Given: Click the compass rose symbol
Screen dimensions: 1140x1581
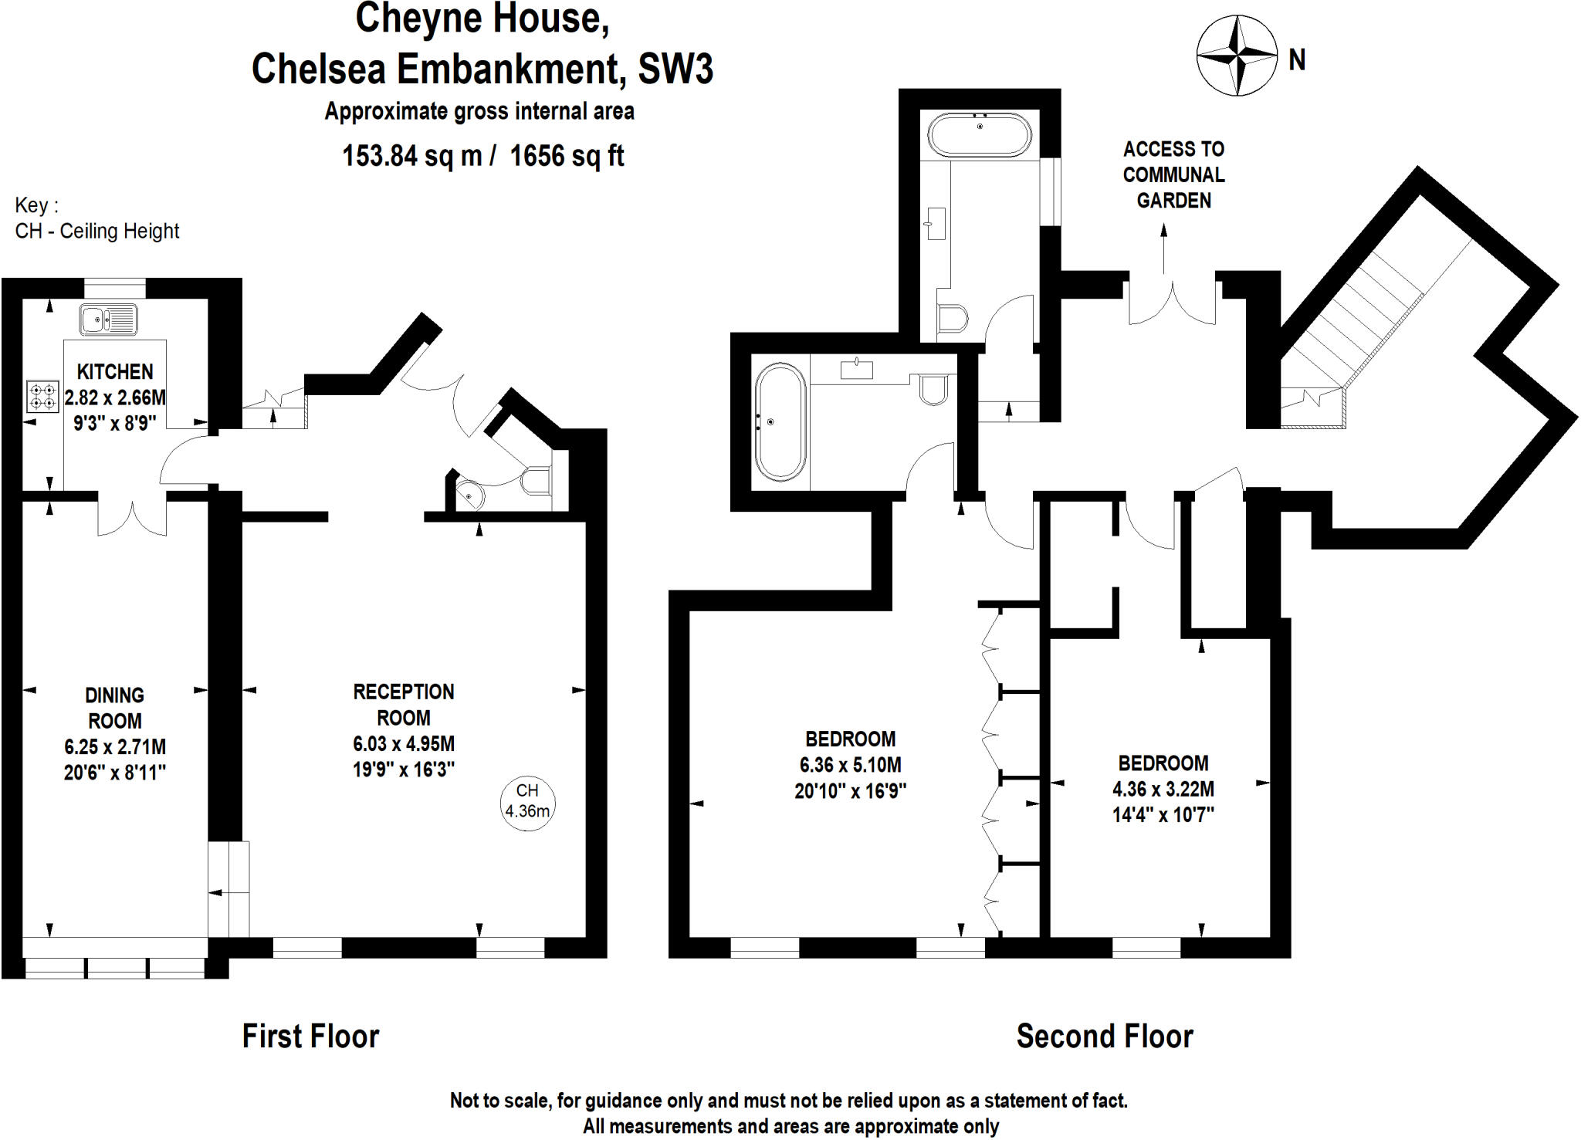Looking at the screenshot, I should tap(1237, 56).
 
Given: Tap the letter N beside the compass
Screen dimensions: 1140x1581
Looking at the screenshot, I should tap(1297, 59).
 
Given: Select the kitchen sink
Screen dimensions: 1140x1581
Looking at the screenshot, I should tap(108, 320).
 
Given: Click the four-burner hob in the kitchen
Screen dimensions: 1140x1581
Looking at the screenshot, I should tap(42, 397).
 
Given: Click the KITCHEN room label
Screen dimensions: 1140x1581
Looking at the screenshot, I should tap(114, 372).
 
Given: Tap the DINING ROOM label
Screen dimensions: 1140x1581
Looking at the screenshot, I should tap(114, 708).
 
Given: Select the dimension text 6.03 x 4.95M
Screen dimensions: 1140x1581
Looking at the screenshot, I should tap(403, 744).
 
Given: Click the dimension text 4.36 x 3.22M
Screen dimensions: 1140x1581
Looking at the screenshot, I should tap(1163, 789).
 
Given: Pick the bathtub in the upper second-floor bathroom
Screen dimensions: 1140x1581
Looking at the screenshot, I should tap(980, 135).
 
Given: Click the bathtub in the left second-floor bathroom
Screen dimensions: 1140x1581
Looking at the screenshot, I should tap(780, 422).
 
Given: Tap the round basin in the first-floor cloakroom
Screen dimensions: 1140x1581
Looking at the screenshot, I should tap(469, 496).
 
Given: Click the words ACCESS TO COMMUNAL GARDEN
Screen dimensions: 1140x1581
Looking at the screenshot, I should tap(1173, 174).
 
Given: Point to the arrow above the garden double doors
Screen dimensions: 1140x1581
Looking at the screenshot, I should tap(1164, 247).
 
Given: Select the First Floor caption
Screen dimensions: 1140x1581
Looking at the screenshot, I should tap(310, 1036).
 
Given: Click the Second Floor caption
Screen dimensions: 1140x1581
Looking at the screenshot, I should tap(1104, 1036).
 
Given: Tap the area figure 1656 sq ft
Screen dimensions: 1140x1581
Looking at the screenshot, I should tap(567, 156).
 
